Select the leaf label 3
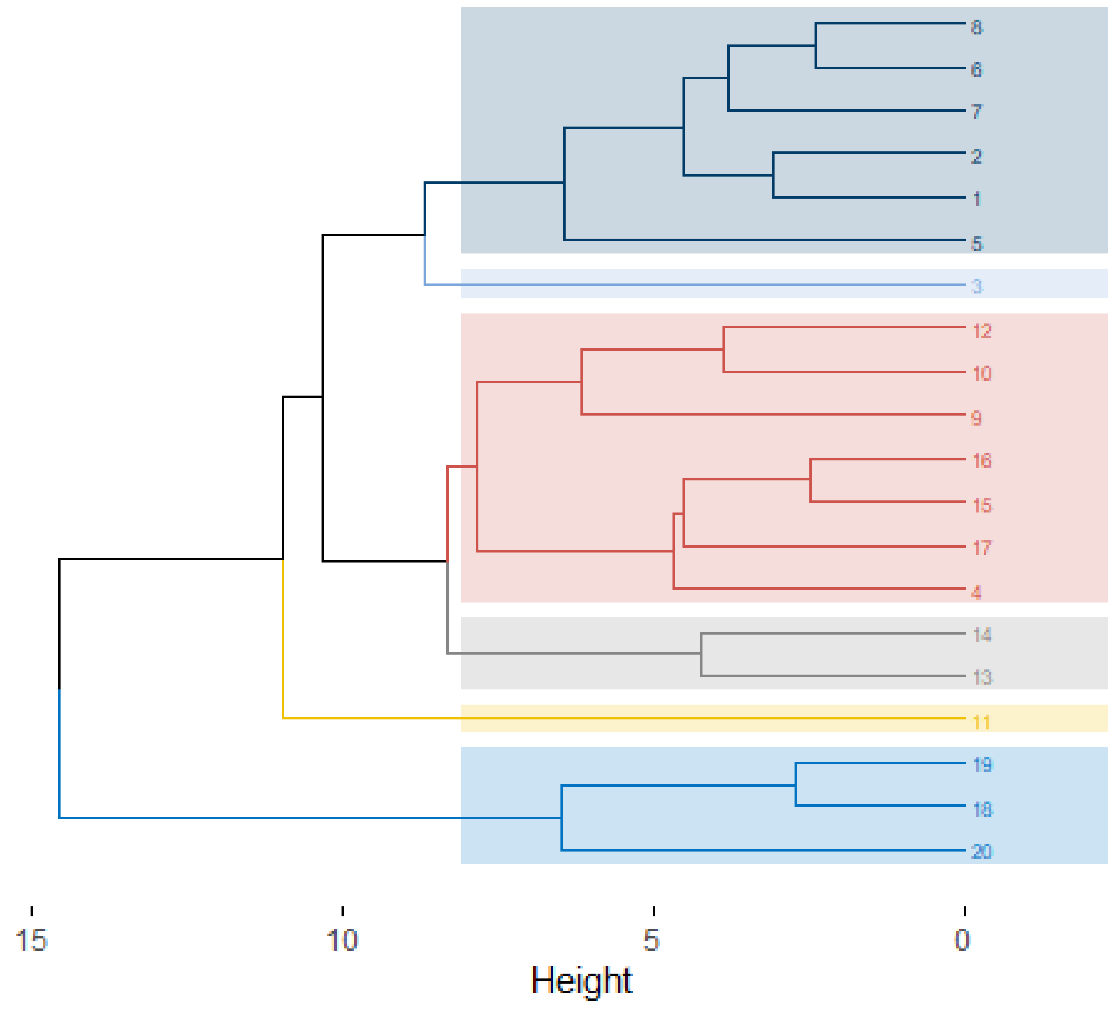[x=977, y=287]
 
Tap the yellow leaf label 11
[x=981, y=722]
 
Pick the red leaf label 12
[x=981, y=332]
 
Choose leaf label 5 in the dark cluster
[x=977, y=244]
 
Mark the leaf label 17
[x=981, y=548]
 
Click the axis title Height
[x=581, y=980]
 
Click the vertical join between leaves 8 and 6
[x=815, y=45]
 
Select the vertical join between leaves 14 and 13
[x=701, y=655]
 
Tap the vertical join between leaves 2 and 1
[x=773, y=175]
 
